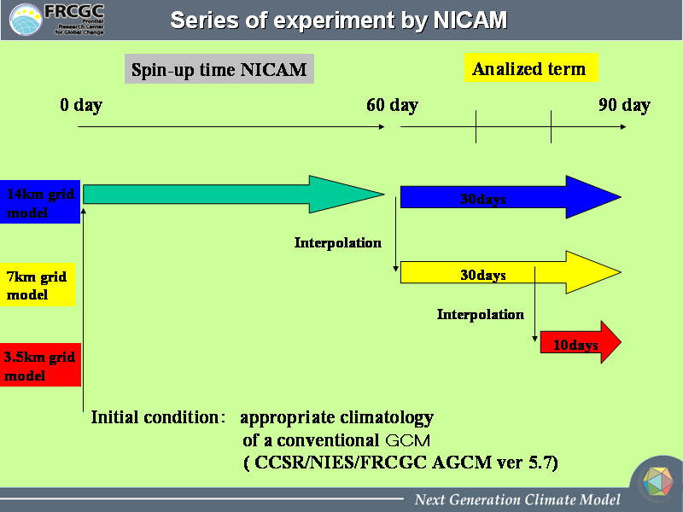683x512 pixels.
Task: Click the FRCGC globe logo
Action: click(26, 20)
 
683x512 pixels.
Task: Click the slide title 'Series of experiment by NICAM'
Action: click(338, 20)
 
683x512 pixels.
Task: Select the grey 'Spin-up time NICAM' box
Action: click(219, 69)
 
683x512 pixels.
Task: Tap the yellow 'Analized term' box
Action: click(531, 68)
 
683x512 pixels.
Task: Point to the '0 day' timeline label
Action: click(81, 105)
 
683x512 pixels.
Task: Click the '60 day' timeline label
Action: click(392, 105)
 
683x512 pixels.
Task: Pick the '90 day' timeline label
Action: click(624, 105)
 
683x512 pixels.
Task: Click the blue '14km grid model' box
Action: click(40, 201)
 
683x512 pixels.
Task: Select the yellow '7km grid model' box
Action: click(38, 285)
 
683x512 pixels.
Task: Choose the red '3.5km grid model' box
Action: click(40, 365)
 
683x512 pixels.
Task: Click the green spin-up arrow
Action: click(233, 195)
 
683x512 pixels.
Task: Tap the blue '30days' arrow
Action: click(511, 197)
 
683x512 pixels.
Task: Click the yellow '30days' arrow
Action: click(511, 272)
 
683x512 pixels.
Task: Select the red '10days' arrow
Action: click(581, 342)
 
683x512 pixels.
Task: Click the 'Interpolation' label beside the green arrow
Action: click(337, 243)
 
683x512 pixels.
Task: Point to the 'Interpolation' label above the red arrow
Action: click(480, 314)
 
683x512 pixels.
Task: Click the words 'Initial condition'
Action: click(155, 417)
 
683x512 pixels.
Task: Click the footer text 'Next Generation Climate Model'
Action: click(517, 499)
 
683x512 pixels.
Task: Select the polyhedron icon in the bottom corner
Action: click(657, 481)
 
